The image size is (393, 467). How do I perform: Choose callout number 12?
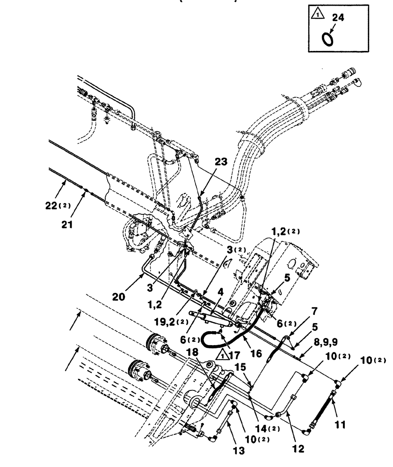298,449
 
